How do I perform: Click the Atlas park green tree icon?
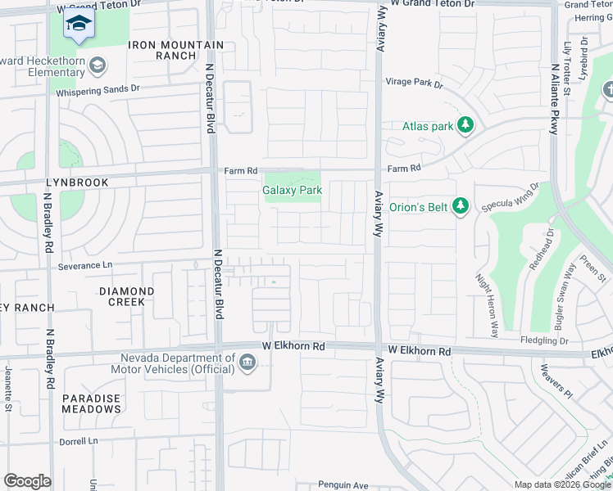(466, 126)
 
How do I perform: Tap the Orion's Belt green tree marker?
(461, 206)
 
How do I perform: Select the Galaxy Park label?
(292, 190)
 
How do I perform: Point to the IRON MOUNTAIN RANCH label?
(175, 51)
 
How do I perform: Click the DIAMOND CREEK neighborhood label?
(126, 296)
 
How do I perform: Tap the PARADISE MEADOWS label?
(91, 403)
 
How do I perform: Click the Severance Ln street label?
(85, 266)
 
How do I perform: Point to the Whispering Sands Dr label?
(98, 89)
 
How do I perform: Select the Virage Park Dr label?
(414, 83)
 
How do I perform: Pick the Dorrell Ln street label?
(78, 441)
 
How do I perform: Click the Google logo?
(27, 481)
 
